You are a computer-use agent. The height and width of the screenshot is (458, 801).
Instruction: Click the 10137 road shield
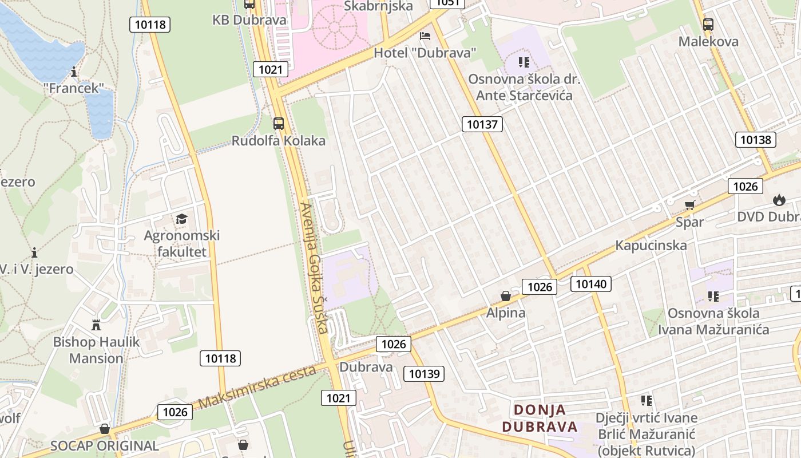pos(482,124)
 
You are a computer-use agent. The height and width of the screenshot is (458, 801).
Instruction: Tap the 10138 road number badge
pos(755,140)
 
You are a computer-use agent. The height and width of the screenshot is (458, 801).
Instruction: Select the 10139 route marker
pos(423,374)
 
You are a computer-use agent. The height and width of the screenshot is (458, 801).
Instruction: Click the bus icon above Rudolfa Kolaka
pos(279,123)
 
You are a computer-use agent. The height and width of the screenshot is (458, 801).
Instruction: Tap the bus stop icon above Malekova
pos(708,24)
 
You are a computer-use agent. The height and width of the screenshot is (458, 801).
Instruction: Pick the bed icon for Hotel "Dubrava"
pos(425,36)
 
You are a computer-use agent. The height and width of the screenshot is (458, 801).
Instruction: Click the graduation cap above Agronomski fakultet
pos(181,219)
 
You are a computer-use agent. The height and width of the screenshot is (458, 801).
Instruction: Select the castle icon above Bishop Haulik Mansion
pos(96,325)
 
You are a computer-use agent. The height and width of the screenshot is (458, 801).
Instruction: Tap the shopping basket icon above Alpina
pos(506,296)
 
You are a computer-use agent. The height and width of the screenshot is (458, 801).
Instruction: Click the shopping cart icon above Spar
pos(689,205)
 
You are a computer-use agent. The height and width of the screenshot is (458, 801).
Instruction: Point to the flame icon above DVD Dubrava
pos(778,200)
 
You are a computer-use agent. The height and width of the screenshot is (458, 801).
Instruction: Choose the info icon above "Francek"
pos(74,72)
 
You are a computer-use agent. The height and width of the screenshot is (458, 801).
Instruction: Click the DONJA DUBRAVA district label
pos(540,418)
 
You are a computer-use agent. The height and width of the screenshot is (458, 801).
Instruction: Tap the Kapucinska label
pos(651,246)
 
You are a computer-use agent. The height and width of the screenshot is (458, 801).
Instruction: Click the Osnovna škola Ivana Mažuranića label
pos(713,321)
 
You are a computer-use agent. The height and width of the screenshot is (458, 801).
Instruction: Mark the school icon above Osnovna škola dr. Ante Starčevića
pos(524,62)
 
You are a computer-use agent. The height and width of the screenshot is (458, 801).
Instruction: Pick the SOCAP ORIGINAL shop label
pos(104,445)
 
